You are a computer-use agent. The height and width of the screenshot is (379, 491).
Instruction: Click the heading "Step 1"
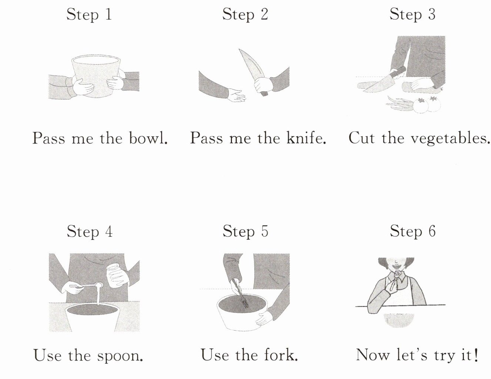(x=89, y=14)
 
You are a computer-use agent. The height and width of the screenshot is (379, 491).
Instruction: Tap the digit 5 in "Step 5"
(x=265, y=231)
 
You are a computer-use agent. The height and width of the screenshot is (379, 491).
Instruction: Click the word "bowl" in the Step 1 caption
(x=148, y=138)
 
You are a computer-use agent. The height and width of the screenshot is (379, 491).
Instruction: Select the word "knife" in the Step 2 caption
(x=306, y=138)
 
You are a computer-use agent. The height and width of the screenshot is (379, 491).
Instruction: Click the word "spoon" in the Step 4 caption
(x=120, y=356)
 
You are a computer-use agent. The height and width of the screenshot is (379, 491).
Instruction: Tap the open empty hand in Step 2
(x=236, y=95)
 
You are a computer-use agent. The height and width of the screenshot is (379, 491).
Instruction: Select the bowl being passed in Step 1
(x=96, y=76)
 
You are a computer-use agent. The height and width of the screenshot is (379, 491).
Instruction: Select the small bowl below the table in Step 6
(x=399, y=320)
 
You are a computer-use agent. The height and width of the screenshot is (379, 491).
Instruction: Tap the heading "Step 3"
(x=412, y=14)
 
